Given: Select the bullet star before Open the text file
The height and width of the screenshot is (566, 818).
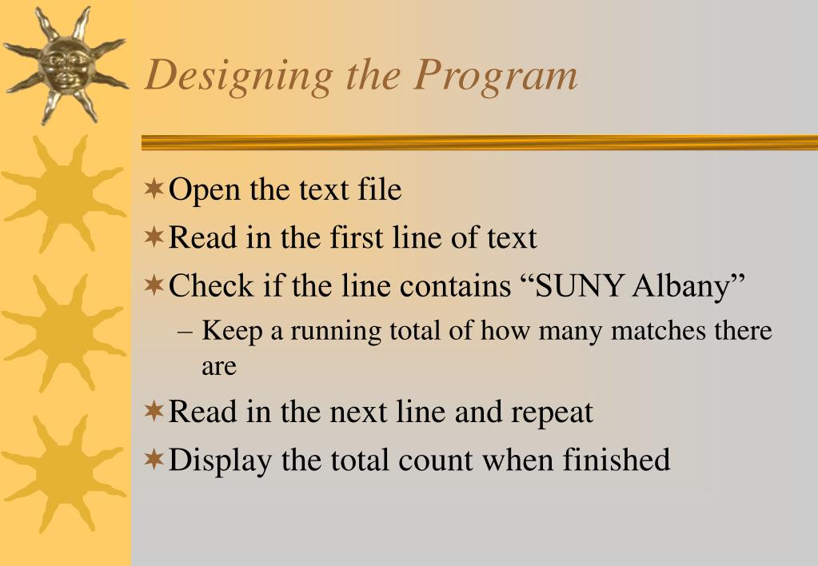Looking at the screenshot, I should (154, 189).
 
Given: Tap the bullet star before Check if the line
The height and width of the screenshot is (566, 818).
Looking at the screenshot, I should (154, 285).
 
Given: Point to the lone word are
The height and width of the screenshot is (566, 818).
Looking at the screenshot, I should (218, 367).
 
